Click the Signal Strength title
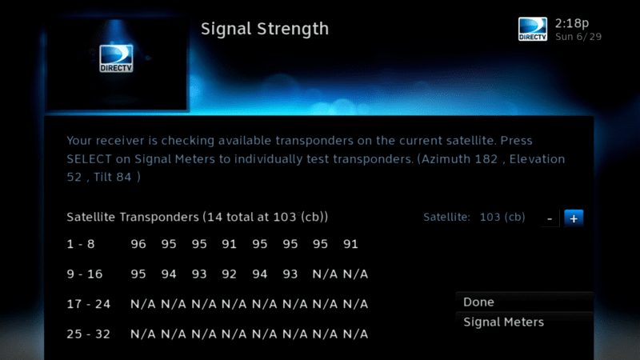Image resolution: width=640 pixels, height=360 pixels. pos(265,30)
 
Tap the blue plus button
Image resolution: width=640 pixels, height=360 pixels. pos(574,218)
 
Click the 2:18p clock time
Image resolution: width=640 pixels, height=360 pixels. pos(572,24)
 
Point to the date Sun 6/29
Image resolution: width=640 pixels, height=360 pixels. pos(578,37)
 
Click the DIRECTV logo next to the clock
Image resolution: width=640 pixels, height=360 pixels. pos(533,29)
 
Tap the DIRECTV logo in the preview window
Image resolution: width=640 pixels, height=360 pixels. pos(116,58)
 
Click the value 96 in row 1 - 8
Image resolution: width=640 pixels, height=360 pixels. pos(138,244)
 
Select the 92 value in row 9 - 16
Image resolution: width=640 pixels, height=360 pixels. pos(229,274)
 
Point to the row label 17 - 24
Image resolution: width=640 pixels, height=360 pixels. pos(89,304)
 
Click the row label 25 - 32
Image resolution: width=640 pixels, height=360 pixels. pos(89,334)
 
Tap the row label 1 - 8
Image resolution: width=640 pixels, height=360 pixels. pos(81,244)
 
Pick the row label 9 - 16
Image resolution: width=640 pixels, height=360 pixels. pos(85,274)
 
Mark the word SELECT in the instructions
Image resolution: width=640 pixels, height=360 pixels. pos(89,158)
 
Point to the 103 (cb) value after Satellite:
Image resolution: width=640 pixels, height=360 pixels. pos(502,217)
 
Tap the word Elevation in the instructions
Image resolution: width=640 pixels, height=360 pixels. pos(537,158)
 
